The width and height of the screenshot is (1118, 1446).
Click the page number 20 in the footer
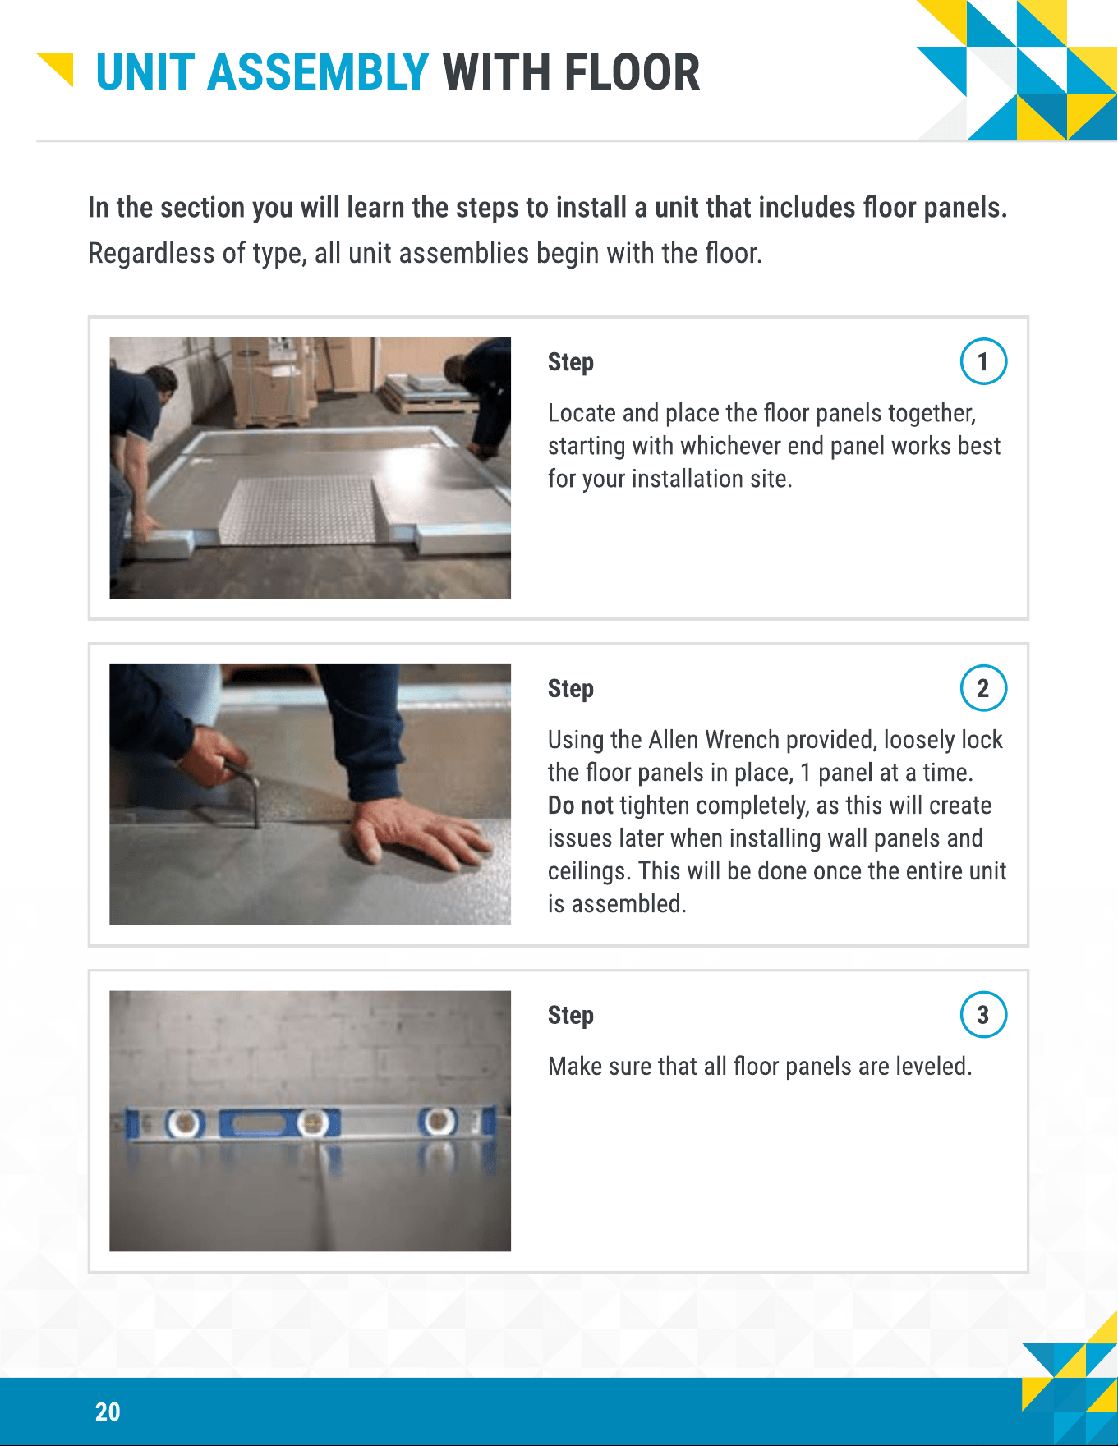click(x=108, y=1412)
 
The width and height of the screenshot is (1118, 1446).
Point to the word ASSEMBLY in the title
click(x=318, y=72)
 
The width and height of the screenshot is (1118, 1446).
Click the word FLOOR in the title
click(x=632, y=72)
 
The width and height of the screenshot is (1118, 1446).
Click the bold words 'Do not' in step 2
click(x=581, y=806)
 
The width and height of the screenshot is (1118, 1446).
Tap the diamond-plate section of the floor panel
click(x=301, y=508)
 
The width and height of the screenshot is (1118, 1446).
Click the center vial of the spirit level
click(x=312, y=1122)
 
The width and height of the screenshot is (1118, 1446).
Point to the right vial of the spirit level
click(x=437, y=1121)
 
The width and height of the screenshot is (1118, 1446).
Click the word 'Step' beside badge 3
click(x=571, y=1016)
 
